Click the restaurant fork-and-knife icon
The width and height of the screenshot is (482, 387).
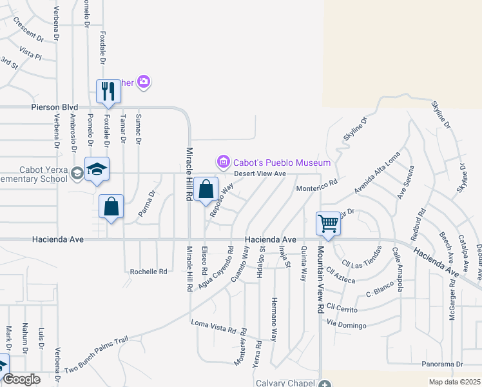tap(108, 91)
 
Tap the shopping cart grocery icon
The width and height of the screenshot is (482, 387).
tap(328, 224)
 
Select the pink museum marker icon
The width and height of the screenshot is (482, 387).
tap(223, 161)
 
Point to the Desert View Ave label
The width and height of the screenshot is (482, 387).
tap(260, 174)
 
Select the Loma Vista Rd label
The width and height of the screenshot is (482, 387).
tap(213, 326)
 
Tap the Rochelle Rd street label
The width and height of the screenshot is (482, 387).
tap(148, 272)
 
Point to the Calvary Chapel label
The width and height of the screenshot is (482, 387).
tap(283, 382)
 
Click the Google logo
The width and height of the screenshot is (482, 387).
tap(22, 379)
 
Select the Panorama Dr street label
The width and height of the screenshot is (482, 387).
tap(443, 364)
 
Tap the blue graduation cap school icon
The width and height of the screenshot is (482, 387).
tap(97, 170)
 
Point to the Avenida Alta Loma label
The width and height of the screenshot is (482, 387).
tap(377, 174)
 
